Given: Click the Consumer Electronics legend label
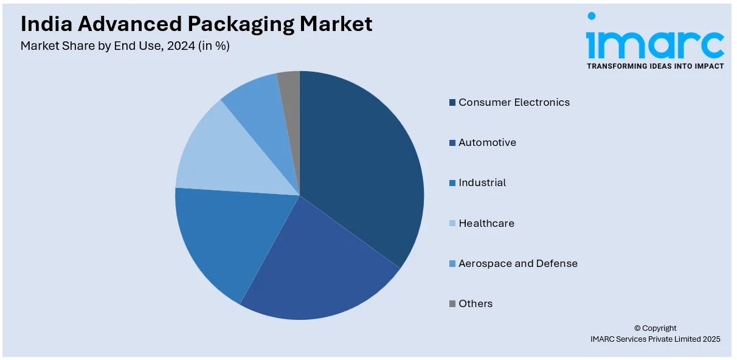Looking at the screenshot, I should (514, 102).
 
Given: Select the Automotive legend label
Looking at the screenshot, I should (487, 142).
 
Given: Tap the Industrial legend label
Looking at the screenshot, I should (482, 182).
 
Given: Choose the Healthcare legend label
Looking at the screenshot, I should (486, 223).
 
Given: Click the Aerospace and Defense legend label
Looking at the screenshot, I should (517, 263).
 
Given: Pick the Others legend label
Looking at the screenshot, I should (476, 303).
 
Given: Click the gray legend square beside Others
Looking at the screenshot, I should (452, 304).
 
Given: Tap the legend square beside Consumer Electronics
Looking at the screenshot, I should (452, 103).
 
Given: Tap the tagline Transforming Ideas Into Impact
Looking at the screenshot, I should (655, 66).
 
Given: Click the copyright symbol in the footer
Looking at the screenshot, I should (638, 328).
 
